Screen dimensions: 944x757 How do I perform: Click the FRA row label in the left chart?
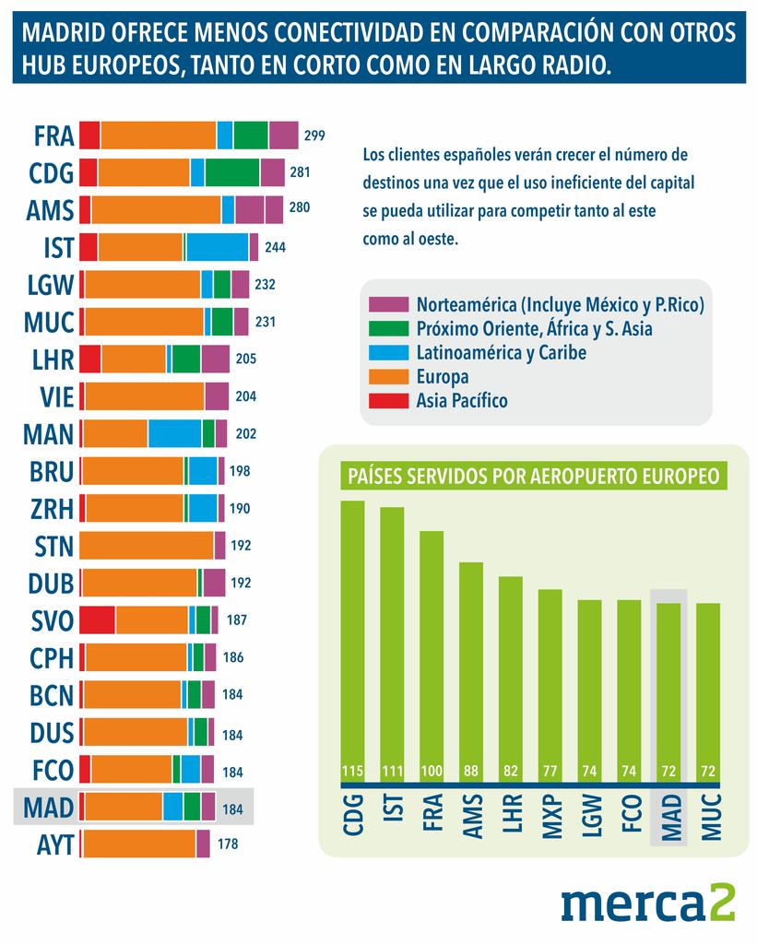[x=53, y=136]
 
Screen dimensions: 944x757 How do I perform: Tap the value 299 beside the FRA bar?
[x=314, y=136]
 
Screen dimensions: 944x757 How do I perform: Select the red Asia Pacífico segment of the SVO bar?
[x=98, y=619]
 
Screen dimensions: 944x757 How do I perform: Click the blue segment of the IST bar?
[x=218, y=247]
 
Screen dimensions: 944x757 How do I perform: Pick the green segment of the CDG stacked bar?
[x=232, y=172]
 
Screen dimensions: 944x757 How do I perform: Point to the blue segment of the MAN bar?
[x=174, y=433]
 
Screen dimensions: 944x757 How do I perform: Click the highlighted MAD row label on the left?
[x=49, y=808]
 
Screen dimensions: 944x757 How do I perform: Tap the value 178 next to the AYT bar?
[x=228, y=844]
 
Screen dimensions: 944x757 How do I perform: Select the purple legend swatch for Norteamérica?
[x=388, y=304]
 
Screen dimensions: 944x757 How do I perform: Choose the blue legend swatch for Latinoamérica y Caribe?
[x=388, y=353]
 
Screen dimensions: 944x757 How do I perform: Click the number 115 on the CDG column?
[x=352, y=771]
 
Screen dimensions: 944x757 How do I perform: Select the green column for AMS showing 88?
[x=471, y=664]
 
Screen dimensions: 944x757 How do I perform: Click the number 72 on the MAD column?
[x=668, y=771]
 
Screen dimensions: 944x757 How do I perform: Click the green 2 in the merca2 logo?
[x=721, y=903]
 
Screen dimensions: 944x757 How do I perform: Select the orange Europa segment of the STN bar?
[x=148, y=546]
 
